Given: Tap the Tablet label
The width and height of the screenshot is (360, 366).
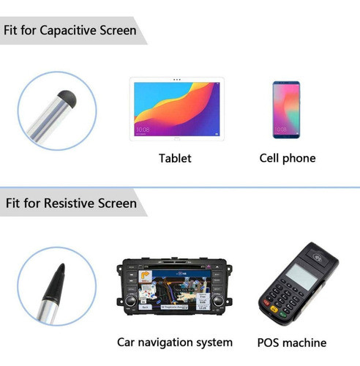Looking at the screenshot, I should pyautogui.click(x=175, y=158).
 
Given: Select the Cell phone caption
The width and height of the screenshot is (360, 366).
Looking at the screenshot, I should pyautogui.click(x=288, y=158).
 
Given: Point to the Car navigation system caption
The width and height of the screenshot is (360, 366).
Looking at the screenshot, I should pyautogui.click(x=175, y=342).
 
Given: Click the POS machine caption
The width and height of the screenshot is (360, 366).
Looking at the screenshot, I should pyautogui.click(x=293, y=342).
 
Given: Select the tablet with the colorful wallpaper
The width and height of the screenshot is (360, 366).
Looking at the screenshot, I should pyautogui.click(x=175, y=109).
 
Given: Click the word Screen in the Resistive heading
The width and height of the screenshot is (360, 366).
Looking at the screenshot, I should pyautogui.click(x=116, y=202).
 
